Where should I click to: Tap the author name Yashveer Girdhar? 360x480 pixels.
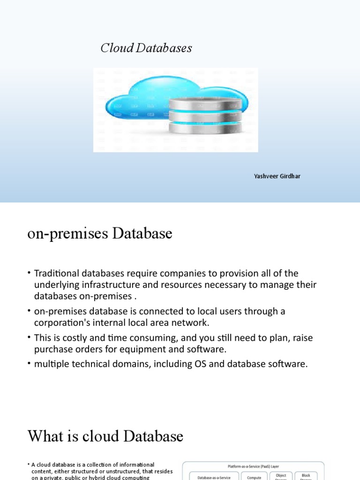click(x=277, y=176)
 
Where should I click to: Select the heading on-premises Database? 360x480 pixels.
click(x=100, y=233)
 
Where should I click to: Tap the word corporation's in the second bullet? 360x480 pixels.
click(x=62, y=323)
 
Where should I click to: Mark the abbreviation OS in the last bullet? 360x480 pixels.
click(x=198, y=365)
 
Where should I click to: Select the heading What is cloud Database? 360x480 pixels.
click(x=105, y=436)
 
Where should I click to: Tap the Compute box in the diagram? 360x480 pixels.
click(x=254, y=477)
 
